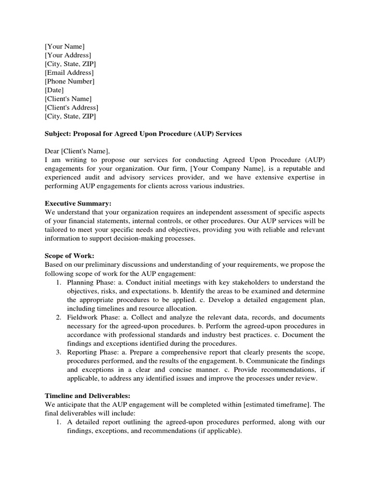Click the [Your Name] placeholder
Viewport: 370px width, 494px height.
pyautogui.click(x=65, y=46)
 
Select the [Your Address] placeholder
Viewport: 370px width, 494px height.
pyautogui.click(x=67, y=55)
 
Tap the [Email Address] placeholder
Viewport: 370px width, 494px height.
pyautogui.click(x=69, y=72)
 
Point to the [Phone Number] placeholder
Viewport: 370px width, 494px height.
pyautogui.click(x=69, y=81)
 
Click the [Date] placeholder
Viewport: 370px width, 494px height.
pyautogui.click(x=54, y=90)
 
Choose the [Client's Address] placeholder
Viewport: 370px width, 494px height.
pyautogui.click(x=71, y=107)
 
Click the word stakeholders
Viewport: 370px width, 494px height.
pyautogui.click(x=238, y=282)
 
